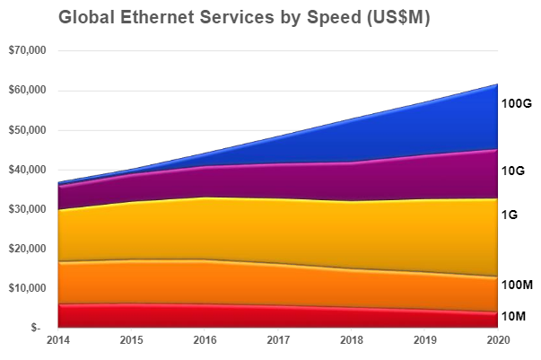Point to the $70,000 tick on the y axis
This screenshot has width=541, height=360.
[x=25, y=51]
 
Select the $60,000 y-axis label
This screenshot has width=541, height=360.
[x=25, y=91]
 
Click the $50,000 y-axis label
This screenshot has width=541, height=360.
[x=25, y=130]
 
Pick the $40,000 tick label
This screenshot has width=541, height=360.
[x=25, y=170]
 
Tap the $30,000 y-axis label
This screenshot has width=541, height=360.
[x=25, y=209]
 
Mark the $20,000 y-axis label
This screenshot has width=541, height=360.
[x=25, y=249]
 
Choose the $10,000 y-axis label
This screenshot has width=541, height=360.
[x=25, y=288]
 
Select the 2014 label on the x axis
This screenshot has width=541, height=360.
[x=58, y=341]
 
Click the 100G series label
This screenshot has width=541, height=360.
[x=517, y=104]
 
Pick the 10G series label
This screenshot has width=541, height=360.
[x=514, y=171]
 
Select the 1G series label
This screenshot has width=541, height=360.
[x=510, y=215]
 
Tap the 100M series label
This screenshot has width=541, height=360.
[x=517, y=285]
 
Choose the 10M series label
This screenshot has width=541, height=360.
[x=514, y=316]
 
